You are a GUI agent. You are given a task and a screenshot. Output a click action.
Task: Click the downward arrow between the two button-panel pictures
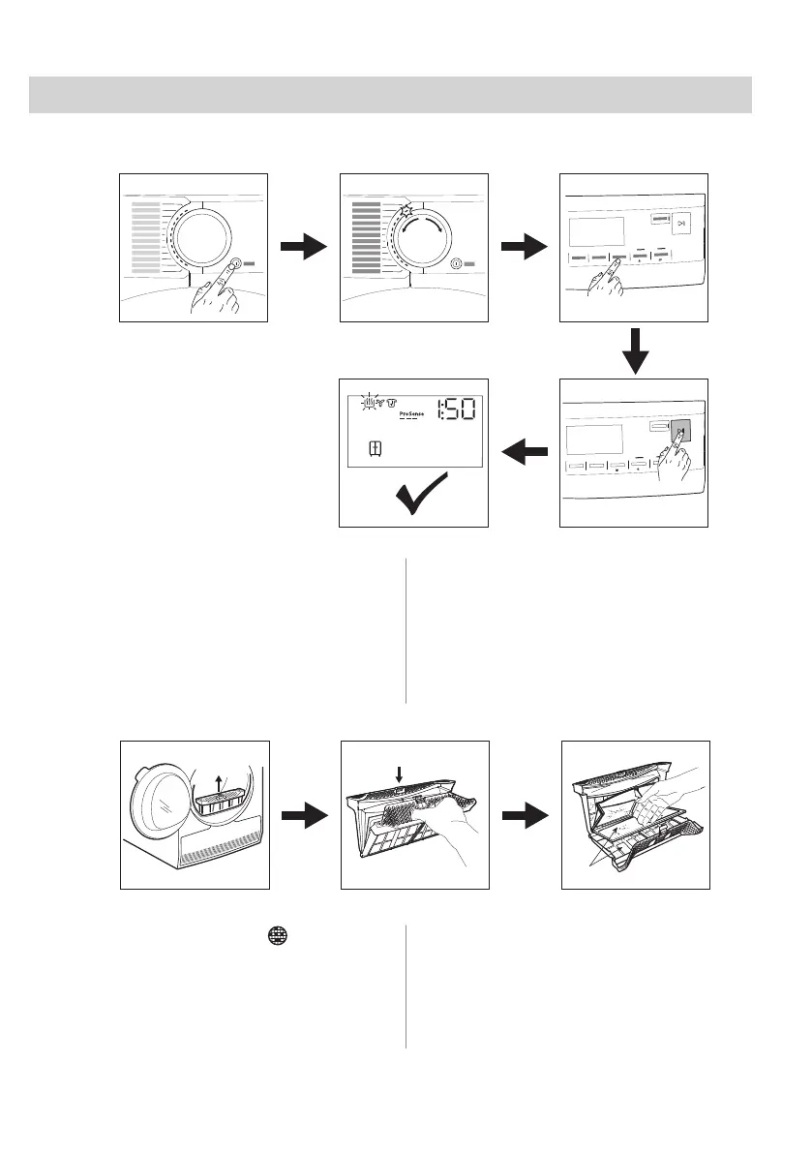[634, 350]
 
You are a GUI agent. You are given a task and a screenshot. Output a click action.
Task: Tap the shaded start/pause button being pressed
[680, 433]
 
